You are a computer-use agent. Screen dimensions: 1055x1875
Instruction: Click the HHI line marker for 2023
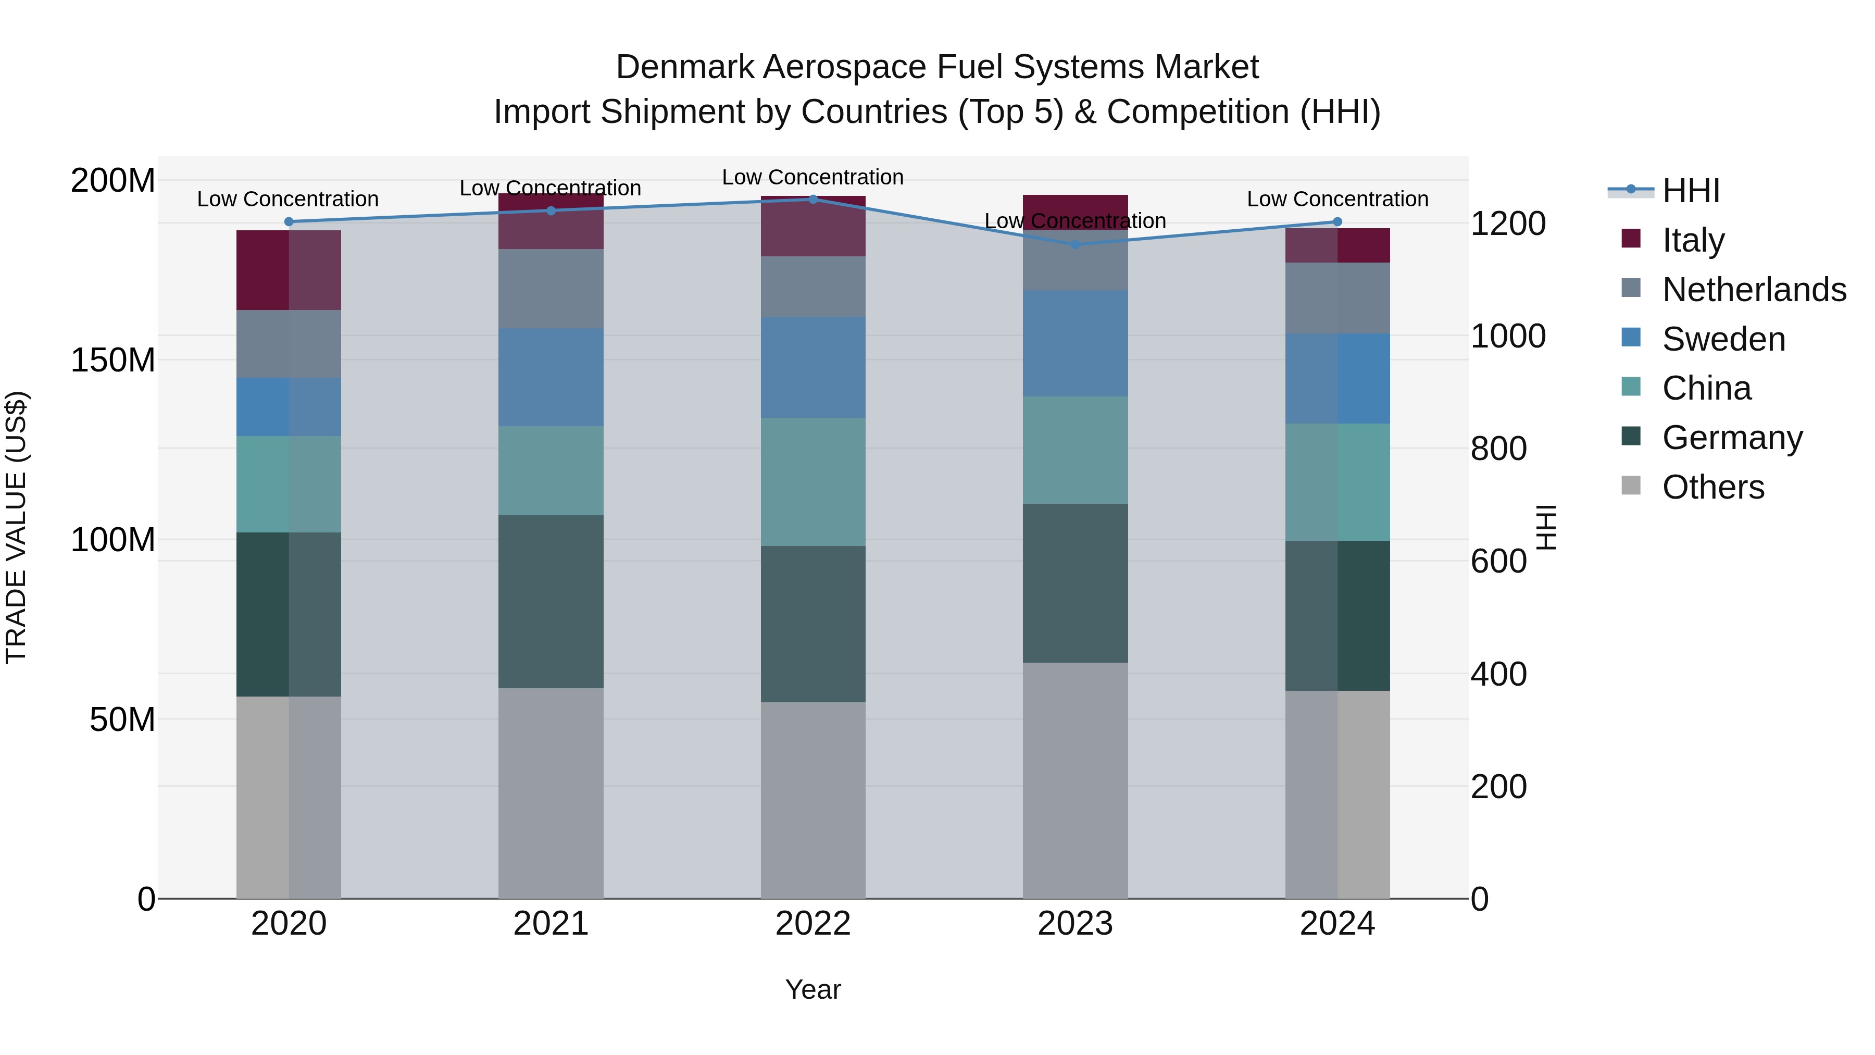[x=1075, y=245]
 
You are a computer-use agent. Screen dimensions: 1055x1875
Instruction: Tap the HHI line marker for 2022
[x=813, y=199]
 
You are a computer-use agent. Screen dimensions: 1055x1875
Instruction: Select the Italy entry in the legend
[x=1693, y=240]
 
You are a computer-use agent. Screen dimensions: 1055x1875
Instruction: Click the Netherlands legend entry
[x=1754, y=290]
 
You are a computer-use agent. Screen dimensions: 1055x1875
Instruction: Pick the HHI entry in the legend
[x=1691, y=191]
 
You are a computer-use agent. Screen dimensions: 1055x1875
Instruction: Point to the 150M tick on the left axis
[x=113, y=359]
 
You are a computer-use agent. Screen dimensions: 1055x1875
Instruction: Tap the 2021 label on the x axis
[x=551, y=924]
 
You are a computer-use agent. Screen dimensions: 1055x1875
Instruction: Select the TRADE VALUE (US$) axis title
[x=16, y=527]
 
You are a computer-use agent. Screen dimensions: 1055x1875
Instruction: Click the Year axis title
[x=813, y=989]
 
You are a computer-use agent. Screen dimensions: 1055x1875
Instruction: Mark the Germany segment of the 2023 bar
[x=1075, y=582]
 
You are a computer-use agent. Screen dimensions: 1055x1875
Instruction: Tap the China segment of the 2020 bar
[x=289, y=484]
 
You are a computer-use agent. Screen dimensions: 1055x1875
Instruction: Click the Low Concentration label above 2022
[x=813, y=177]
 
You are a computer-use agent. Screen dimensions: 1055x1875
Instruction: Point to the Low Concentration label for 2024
[x=1337, y=199]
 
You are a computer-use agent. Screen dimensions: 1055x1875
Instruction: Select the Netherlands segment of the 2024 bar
[x=1337, y=298]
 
